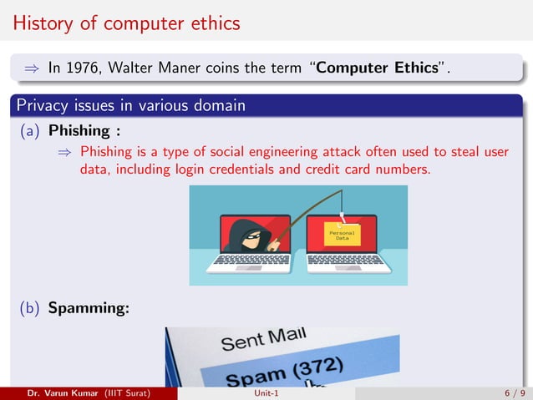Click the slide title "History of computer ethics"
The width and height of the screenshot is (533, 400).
(x=126, y=23)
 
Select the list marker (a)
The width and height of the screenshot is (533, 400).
(x=31, y=130)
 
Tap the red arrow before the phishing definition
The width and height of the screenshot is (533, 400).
(x=66, y=152)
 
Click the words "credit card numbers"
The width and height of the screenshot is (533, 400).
(x=380, y=170)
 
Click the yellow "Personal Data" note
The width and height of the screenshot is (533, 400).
(x=342, y=235)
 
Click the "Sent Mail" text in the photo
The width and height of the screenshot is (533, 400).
(x=264, y=340)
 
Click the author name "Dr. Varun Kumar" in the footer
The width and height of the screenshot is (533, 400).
(x=63, y=393)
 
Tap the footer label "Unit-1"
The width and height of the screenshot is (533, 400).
(x=266, y=393)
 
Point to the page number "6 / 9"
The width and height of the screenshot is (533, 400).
(x=515, y=393)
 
